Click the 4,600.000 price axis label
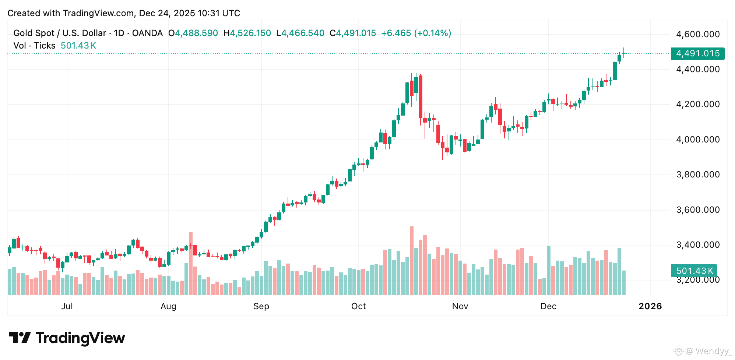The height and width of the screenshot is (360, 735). (x=697, y=34)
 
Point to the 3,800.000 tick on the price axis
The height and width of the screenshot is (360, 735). (x=697, y=174)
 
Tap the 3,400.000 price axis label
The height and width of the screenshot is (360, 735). (x=697, y=245)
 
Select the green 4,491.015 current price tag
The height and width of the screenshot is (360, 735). (x=697, y=53)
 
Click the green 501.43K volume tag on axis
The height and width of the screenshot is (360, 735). (x=694, y=271)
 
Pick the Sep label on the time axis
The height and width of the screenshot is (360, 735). (x=261, y=306)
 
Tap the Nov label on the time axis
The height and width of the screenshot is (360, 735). (x=460, y=306)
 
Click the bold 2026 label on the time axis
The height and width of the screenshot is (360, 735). (x=650, y=306)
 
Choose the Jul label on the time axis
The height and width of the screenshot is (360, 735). (x=67, y=306)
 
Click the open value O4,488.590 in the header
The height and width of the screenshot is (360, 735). (x=193, y=33)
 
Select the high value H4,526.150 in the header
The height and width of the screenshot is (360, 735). (x=247, y=33)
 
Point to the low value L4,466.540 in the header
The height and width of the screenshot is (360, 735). (x=300, y=33)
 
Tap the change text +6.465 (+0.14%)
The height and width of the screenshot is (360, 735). (x=416, y=33)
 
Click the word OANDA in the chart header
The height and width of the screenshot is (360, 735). (x=147, y=33)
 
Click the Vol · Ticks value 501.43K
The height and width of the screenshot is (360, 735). (x=78, y=46)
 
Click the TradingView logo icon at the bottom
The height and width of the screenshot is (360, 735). (x=20, y=338)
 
